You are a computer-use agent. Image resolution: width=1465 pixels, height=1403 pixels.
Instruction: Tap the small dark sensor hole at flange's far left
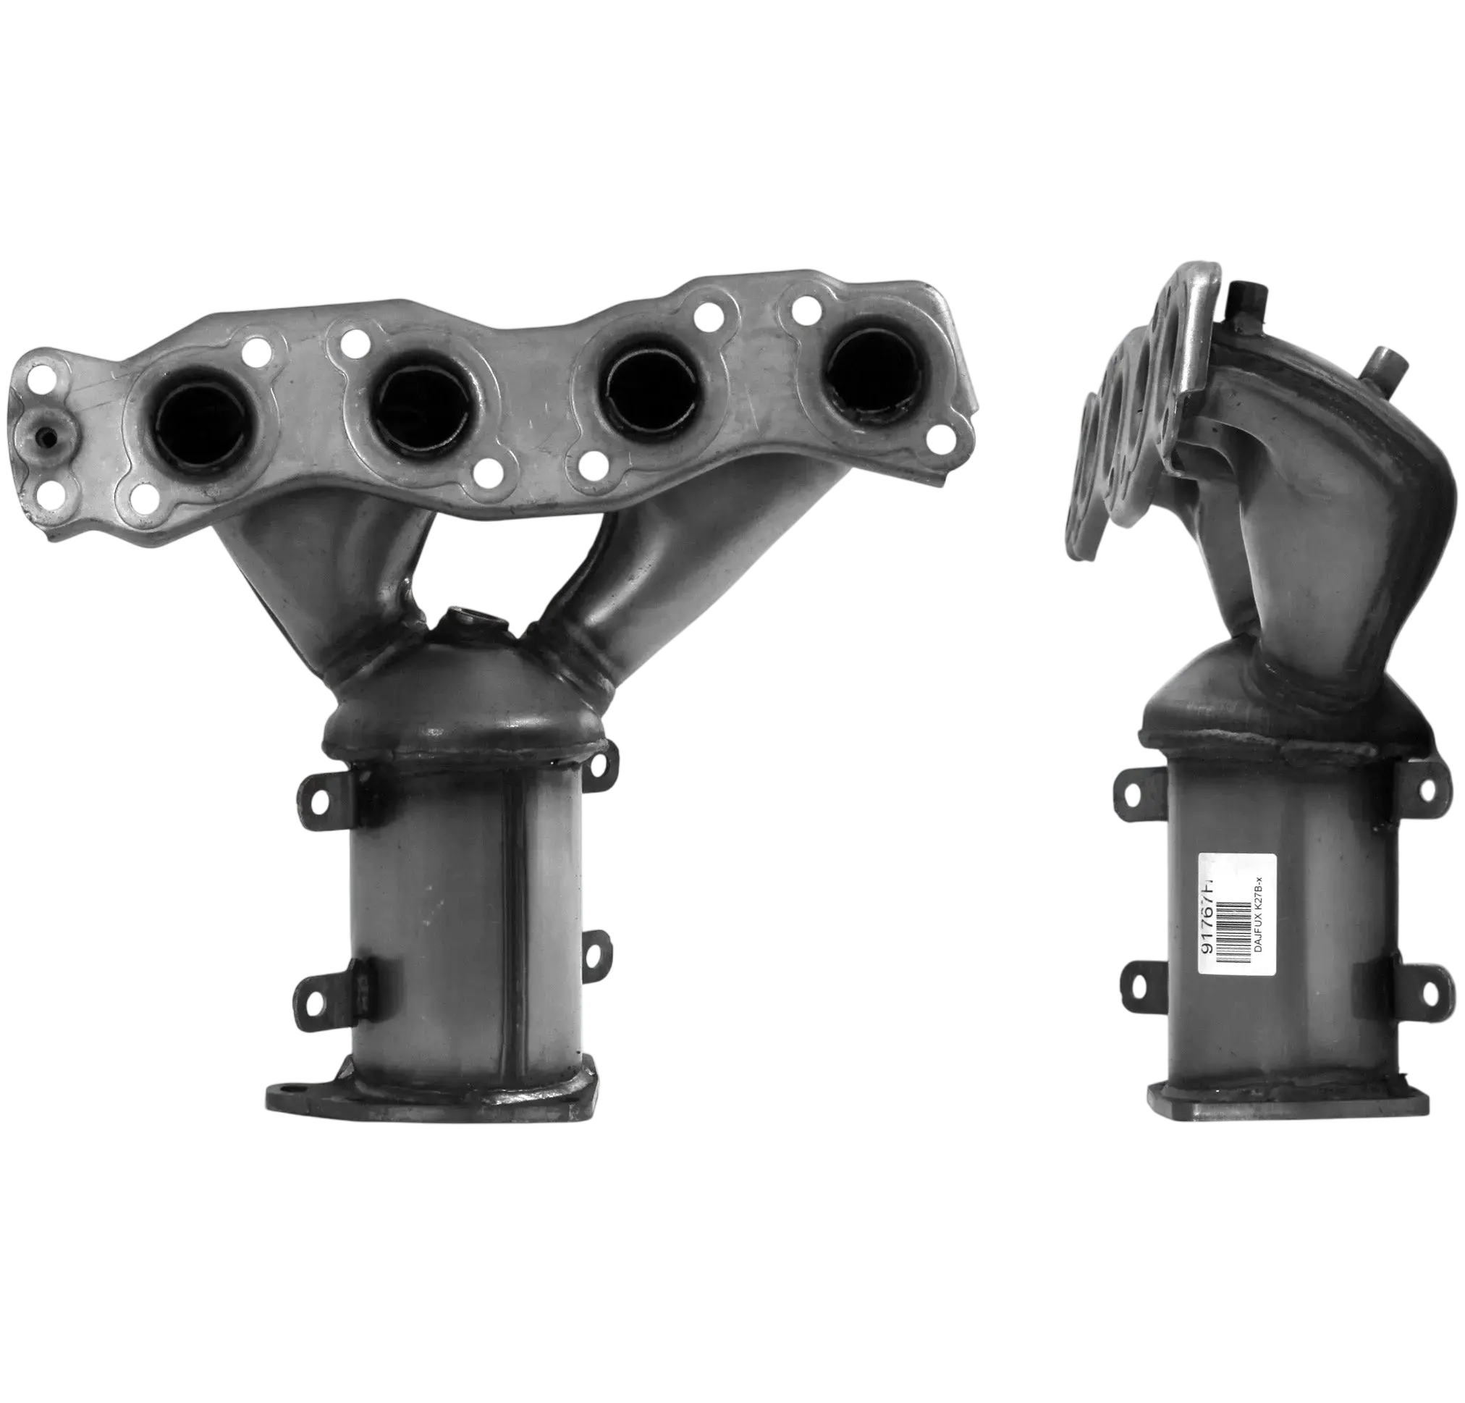click(x=47, y=439)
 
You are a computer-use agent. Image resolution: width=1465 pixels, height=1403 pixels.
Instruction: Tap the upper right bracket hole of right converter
click(x=1427, y=788)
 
